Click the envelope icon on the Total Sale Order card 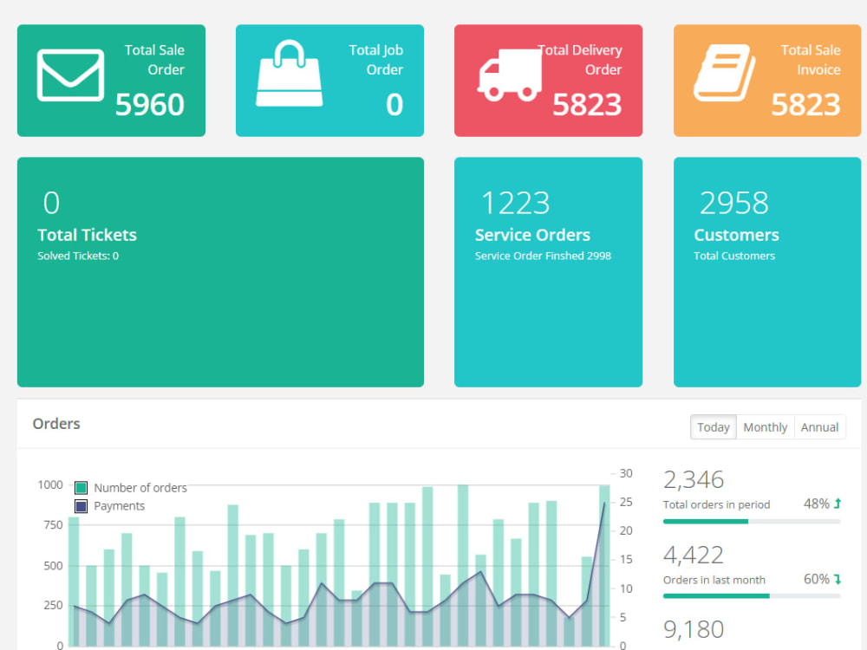(70, 75)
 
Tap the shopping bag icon (290, 73)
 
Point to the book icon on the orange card (725, 73)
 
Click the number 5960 (149, 105)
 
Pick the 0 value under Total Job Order (394, 105)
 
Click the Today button (714, 427)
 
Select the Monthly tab (766, 427)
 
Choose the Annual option (819, 427)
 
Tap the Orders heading (56, 424)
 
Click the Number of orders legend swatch (81, 487)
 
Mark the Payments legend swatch (81, 506)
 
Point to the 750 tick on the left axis (53, 525)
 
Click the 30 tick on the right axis (626, 473)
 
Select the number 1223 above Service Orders (515, 203)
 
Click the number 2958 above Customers (733, 203)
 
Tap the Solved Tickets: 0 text (78, 256)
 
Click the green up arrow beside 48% (838, 503)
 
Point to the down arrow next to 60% (838, 579)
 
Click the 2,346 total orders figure (694, 480)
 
